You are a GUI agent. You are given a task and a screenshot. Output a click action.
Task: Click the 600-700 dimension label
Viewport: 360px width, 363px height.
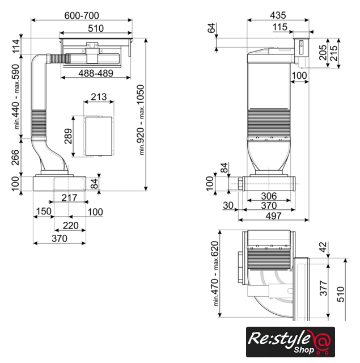[82, 15]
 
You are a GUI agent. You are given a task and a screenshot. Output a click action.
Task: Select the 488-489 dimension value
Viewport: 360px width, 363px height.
[96, 73]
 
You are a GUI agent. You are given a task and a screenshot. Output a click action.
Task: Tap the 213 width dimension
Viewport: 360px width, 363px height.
[99, 97]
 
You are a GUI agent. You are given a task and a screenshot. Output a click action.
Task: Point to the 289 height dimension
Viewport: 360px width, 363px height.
[68, 136]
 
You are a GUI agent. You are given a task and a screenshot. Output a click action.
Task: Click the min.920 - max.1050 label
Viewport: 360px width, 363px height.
[141, 120]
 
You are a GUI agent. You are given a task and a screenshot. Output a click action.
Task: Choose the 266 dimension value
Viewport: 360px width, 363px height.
[15, 158]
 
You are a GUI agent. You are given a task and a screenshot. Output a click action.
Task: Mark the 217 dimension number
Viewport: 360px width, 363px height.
[69, 198]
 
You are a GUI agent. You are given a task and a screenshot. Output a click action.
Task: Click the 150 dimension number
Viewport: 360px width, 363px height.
[44, 211]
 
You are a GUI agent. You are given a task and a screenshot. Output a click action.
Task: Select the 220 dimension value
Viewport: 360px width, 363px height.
[70, 226]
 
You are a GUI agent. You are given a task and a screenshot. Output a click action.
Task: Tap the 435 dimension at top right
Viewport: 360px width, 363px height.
[278, 15]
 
